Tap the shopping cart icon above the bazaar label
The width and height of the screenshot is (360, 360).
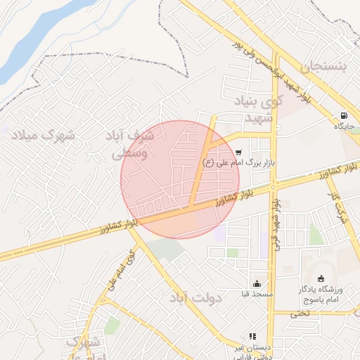[x=239, y=151]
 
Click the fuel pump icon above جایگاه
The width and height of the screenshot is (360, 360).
[x=343, y=116]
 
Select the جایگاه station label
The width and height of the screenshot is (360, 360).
[x=345, y=127]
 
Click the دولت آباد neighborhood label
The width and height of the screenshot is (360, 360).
[x=196, y=298]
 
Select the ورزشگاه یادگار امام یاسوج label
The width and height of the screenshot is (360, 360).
[x=323, y=294]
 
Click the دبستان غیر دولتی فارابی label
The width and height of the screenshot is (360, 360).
[x=252, y=351]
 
